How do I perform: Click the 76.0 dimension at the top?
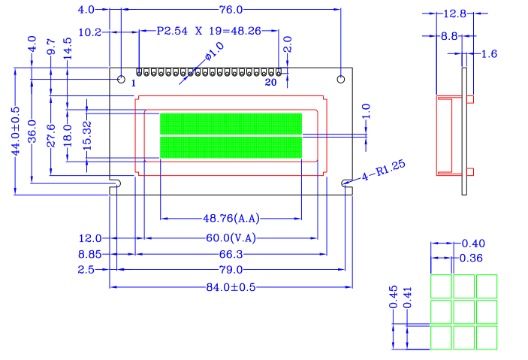coord(231,10)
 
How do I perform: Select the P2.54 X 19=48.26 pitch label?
coord(209,31)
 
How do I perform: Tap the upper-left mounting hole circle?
coord(121,79)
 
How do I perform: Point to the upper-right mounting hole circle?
coord(341,79)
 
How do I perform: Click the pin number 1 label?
coord(134,83)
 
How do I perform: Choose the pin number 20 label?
coord(270,82)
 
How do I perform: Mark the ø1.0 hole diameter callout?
coord(214,51)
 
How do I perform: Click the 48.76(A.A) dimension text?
coord(231,219)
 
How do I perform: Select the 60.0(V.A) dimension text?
coord(231,238)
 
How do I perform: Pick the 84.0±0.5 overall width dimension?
coord(231,287)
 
